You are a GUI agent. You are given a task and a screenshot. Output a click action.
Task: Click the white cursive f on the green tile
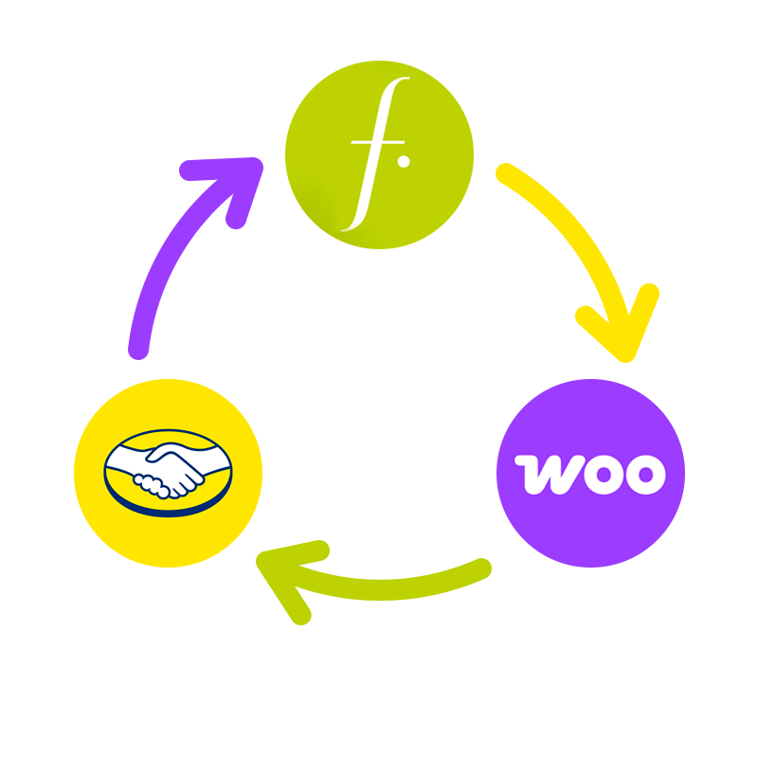point(374,156)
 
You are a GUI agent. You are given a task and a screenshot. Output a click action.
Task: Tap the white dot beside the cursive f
point(404,162)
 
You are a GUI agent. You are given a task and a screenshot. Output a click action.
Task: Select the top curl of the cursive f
point(400,83)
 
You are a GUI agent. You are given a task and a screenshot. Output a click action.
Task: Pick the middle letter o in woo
point(599,474)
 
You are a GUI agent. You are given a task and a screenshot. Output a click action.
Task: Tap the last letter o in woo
point(646,474)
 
